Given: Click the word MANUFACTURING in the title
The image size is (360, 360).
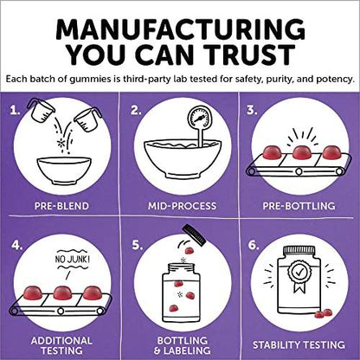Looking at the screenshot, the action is [180, 29].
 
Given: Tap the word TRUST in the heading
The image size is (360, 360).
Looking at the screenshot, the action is [250, 55].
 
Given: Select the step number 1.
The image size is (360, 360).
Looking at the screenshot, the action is [15, 110].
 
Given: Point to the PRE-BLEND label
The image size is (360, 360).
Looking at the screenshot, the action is [61, 206].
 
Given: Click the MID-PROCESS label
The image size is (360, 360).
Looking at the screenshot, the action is [182, 206].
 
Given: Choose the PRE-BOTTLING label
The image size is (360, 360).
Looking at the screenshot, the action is [299, 206].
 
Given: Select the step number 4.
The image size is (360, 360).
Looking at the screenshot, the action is [17, 245].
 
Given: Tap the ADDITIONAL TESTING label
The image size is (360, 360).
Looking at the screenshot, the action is [61, 345].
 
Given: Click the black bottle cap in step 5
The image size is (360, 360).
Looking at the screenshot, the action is [195, 235].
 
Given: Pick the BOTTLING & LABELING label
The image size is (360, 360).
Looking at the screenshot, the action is [182, 345].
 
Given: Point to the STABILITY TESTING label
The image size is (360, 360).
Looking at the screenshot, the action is [299, 345].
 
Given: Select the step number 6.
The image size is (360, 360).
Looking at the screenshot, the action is [254, 245].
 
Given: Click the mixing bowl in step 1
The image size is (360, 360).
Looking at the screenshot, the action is [64, 170].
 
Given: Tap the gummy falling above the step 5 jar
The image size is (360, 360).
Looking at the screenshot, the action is [190, 251].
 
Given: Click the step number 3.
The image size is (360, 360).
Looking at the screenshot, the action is [252, 110].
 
